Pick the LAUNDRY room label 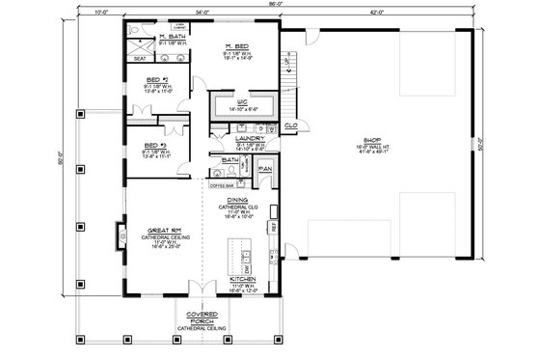[x=250, y=138]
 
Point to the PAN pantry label [x=266, y=168]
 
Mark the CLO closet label [x=289, y=125]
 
